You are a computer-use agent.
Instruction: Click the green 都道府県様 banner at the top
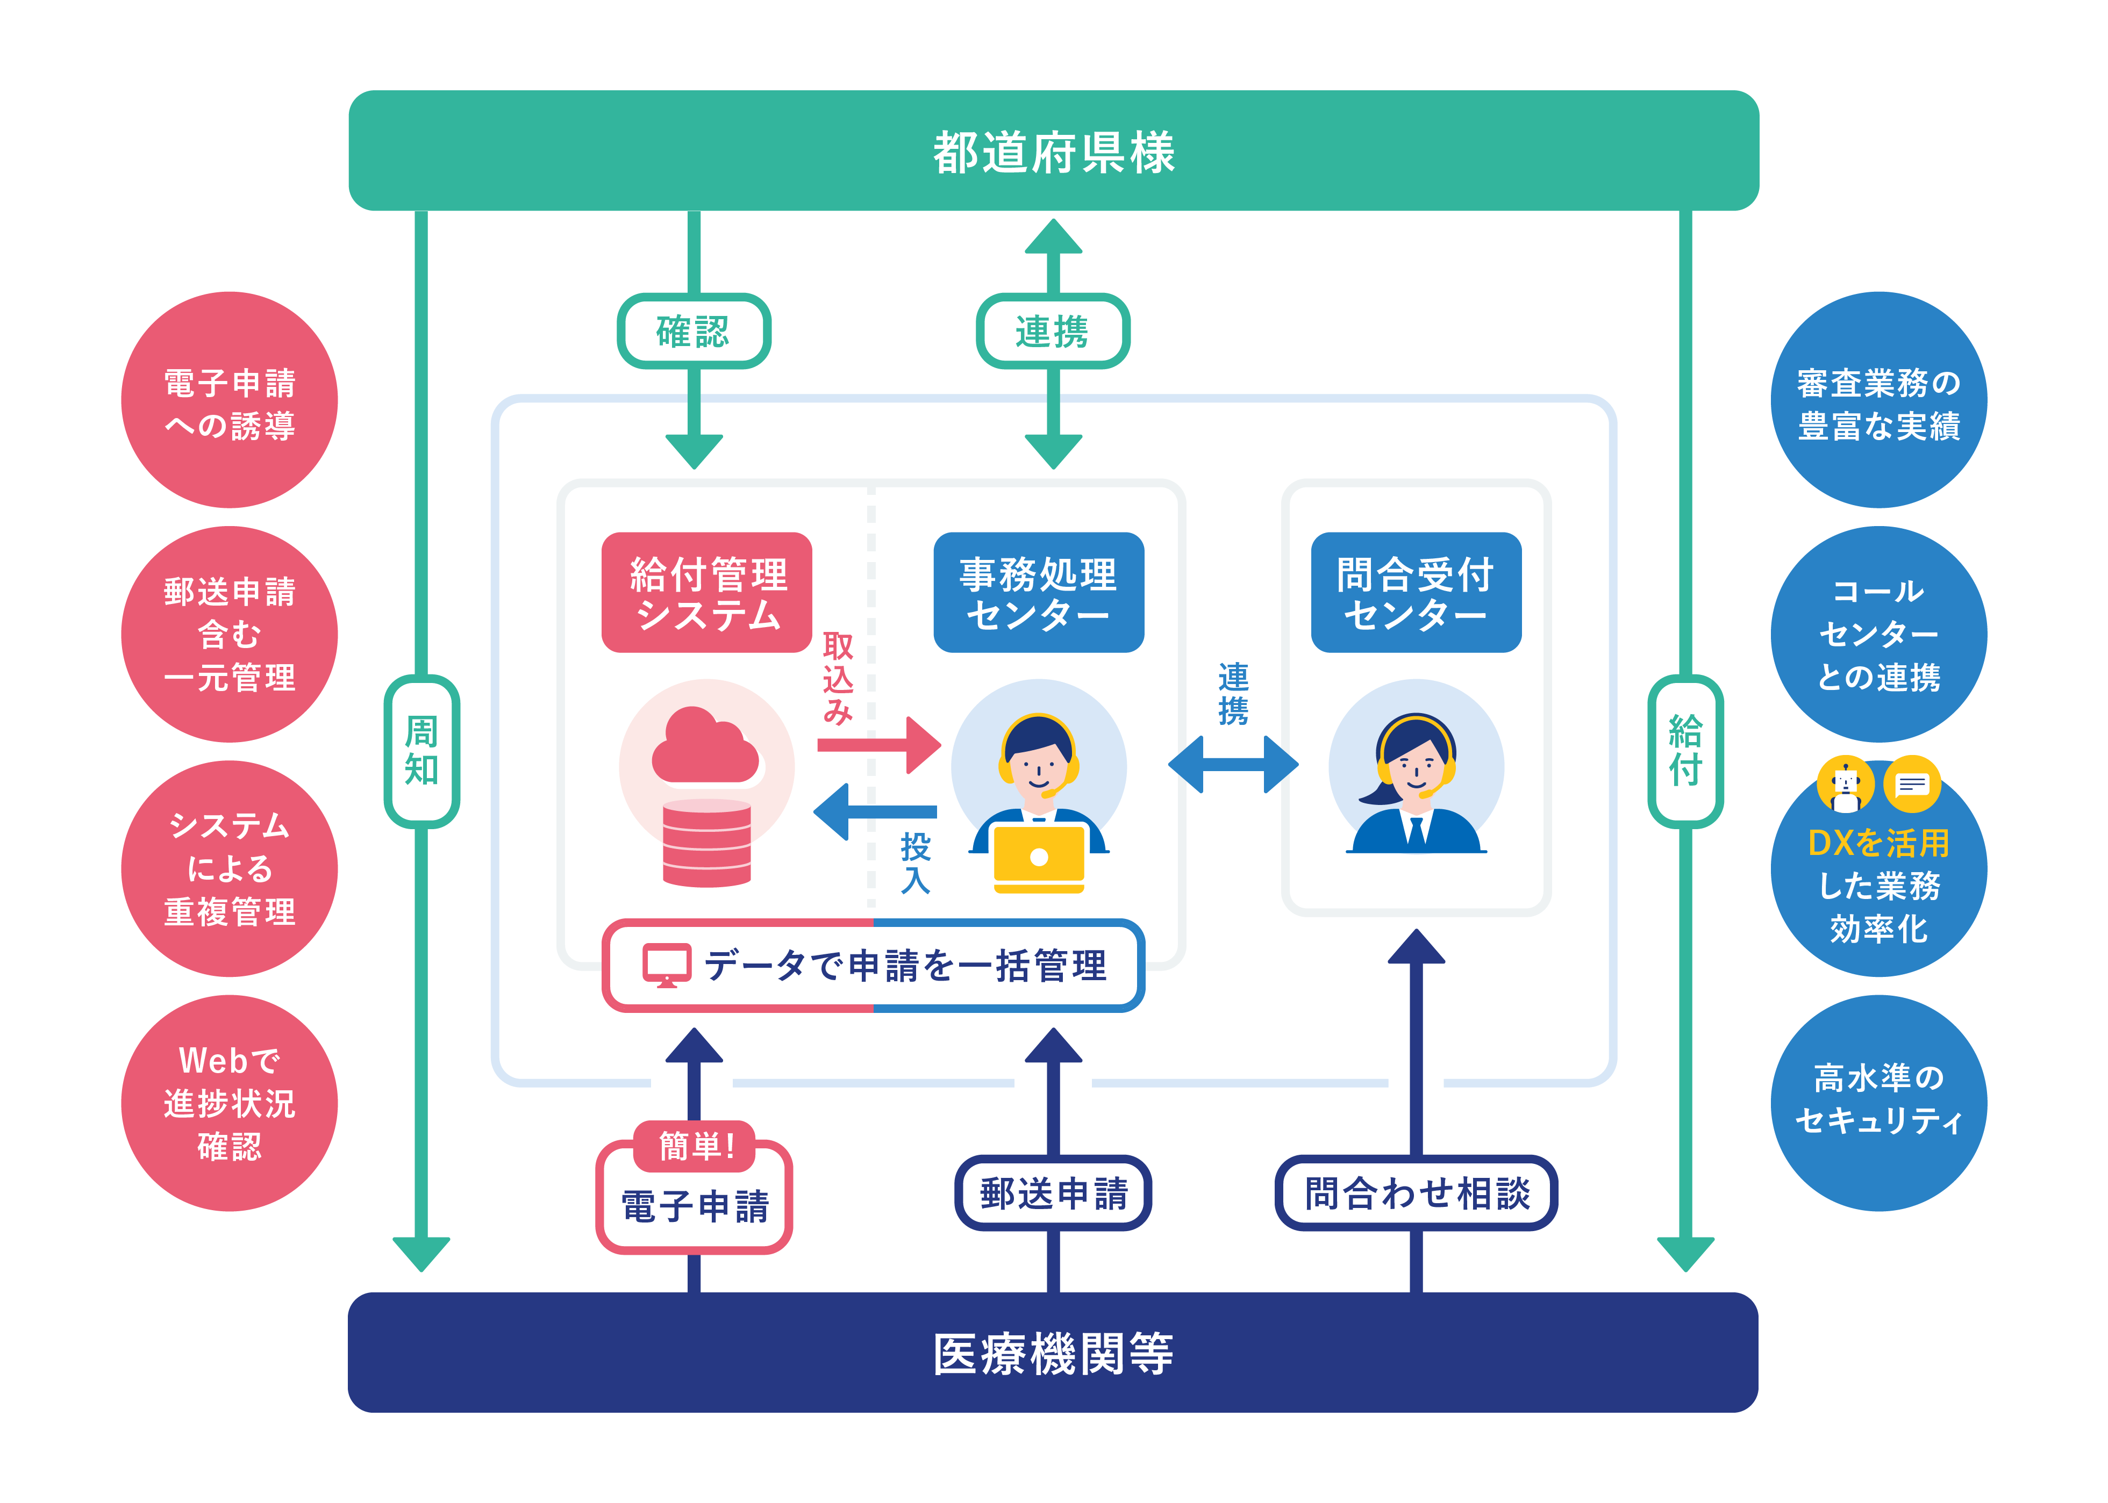[1054, 151]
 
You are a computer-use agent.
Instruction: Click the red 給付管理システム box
[708, 592]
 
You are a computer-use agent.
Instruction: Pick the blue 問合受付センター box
[1416, 592]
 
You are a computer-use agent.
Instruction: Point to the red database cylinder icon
[706, 842]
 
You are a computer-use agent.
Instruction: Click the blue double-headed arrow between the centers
[1233, 765]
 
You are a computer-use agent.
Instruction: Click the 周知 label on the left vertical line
[421, 751]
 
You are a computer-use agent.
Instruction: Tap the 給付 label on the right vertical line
[1685, 751]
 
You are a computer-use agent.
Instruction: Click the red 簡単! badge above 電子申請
[695, 1146]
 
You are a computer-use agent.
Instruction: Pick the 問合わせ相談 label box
[1416, 1193]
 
